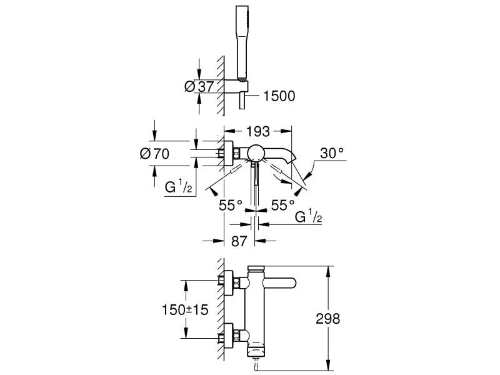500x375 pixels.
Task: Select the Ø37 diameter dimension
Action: (200, 87)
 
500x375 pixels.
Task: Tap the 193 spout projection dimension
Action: (258, 131)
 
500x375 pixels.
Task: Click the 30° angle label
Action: (332, 153)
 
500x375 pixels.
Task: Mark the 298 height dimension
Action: (327, 319)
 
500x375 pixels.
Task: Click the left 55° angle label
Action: (230, 205)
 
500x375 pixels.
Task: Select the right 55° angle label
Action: (282, 205)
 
